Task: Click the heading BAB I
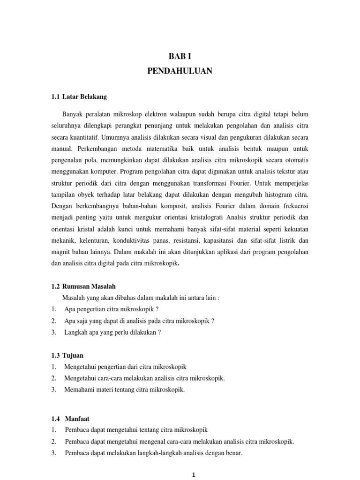[180, 57]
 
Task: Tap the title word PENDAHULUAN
[180, 71]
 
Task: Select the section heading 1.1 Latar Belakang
[79, 97]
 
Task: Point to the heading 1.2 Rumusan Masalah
[83, 286]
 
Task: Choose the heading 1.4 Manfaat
[70, 418]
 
